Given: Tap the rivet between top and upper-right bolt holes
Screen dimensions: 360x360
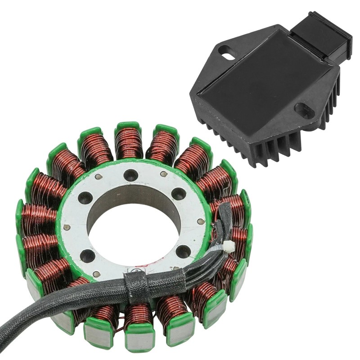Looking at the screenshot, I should [x=159, y=179].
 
